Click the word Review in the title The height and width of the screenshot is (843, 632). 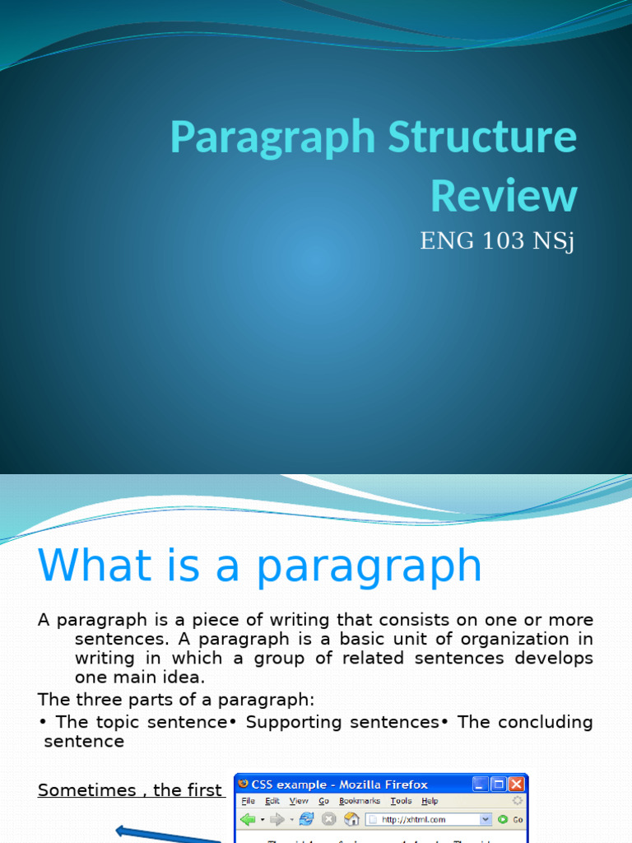[x=504, y=196]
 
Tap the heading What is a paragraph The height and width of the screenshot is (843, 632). [x=259, y=566]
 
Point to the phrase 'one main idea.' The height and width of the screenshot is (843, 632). [x=140, y=677]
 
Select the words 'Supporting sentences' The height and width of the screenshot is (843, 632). [x=342, y=722]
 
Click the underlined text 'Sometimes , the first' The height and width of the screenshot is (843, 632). [x=130, y=790]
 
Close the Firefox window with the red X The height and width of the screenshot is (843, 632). [x=516, y=784]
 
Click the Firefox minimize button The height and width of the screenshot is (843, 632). [x=481, y=784]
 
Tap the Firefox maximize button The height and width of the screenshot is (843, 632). [x=499, y=784]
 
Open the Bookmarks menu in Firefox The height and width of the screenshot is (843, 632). [x=360, y=801]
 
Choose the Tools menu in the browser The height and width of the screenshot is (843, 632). [x=401, y=801]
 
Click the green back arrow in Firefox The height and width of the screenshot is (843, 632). [x=248, y=820]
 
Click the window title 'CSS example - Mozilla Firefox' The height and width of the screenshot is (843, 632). [x=346, y=784]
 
